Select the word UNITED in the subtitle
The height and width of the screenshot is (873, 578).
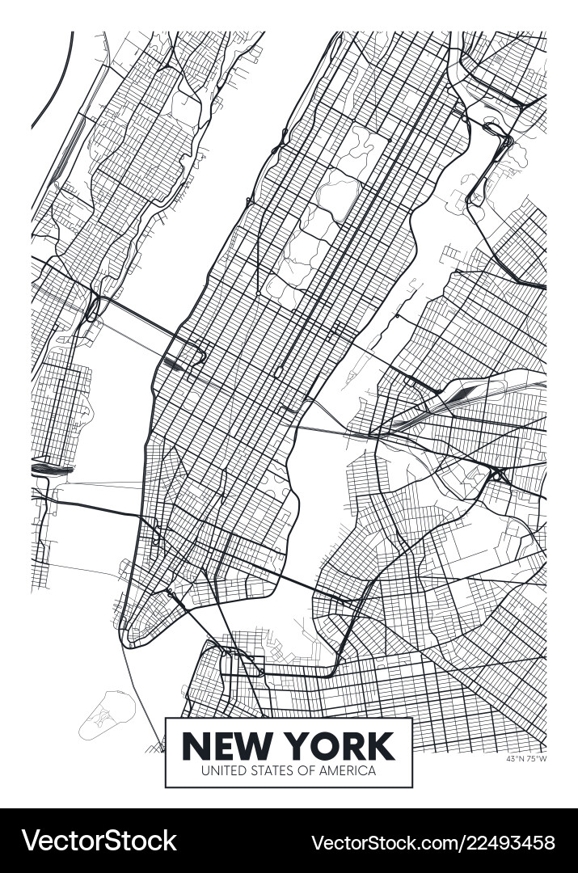click(224, 770)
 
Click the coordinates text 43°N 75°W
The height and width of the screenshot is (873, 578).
click(525, 758)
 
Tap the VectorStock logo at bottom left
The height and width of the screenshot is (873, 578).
click(99, 841)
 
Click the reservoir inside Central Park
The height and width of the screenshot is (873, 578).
click(336, 195)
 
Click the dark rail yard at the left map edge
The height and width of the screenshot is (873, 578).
click(50, 467)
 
